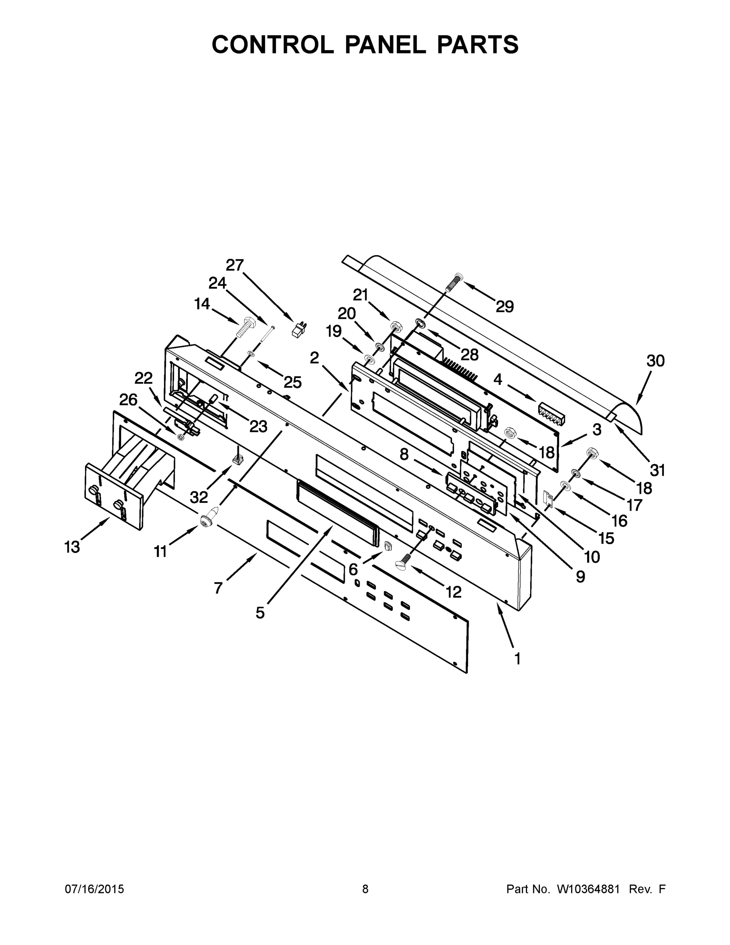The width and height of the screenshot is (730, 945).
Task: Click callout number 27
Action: click(235, 265)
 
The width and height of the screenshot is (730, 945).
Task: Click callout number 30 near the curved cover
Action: click(655, 360)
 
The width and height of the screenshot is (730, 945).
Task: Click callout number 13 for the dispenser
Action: click(72, 547)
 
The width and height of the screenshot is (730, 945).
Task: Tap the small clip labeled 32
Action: click(237, 461)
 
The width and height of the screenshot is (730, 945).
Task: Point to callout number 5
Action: click(259, 612)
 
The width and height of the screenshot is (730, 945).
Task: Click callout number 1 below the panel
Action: click(517, 659)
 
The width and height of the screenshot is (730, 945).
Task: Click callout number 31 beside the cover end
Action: click(657, 469)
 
